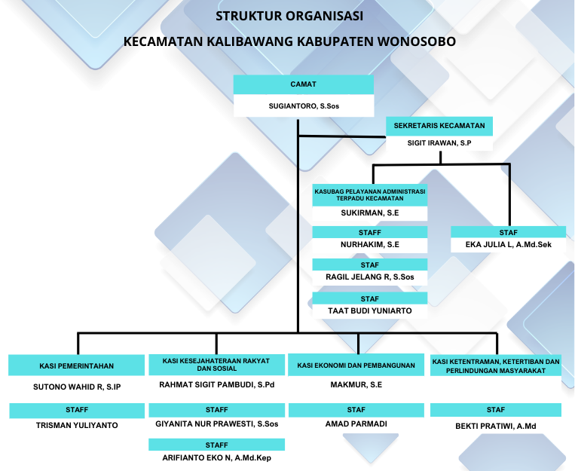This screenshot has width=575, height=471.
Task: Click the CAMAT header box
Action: [303, 84]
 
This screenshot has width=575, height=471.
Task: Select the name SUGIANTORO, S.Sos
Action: [304, 106]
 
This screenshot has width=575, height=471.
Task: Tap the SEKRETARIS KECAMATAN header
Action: [439, 125]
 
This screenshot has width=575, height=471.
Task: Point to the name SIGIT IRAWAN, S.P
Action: [439, 142]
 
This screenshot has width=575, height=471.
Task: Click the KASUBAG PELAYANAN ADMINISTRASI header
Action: [369, 194]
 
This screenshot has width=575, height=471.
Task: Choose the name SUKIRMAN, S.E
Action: [369, 213]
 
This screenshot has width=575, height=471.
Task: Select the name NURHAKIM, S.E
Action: [369, 245]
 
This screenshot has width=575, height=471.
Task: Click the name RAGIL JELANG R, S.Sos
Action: [369, 277]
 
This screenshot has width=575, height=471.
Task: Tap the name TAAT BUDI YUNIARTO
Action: [369, 310]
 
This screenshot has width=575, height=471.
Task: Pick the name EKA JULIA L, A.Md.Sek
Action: [508, 245]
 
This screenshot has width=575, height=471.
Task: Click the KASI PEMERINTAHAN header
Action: [76, 366]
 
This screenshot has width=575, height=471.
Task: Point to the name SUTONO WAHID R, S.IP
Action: [77, 386]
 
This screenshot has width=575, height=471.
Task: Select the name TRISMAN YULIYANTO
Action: [77, 425]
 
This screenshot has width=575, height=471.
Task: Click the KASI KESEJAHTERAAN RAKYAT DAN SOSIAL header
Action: [216, 365]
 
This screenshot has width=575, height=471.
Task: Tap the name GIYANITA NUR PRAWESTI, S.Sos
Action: [217, 425]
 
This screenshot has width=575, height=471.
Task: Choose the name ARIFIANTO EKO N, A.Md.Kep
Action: [217, 458]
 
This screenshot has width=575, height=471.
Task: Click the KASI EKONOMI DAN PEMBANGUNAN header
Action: [356, 365]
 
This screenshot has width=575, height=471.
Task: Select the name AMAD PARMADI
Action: [356, 424]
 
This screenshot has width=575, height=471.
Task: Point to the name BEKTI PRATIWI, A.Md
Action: [496, 426]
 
